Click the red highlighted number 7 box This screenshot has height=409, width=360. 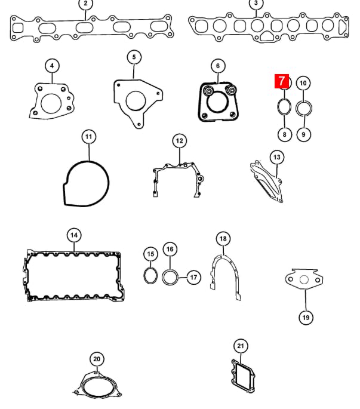click(281, 81)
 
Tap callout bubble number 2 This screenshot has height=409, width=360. click(85, 4)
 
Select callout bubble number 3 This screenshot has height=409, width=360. click(256, 4)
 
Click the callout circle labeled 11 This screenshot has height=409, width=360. click(89, 137)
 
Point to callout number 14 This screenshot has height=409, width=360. click(74, 235)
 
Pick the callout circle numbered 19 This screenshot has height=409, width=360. click(306, 318)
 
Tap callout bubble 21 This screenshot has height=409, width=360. click(241, 346)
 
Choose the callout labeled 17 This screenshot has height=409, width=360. click(193, 277)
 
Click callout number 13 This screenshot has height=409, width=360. click(277, 157)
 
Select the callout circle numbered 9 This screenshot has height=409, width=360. click(303, 134)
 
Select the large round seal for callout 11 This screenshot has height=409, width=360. click(108, 183)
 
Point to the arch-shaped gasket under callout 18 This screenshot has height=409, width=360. click(237, 271)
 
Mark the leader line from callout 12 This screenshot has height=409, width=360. click(180, 156)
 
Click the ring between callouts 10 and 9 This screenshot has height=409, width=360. click(296, 108)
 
